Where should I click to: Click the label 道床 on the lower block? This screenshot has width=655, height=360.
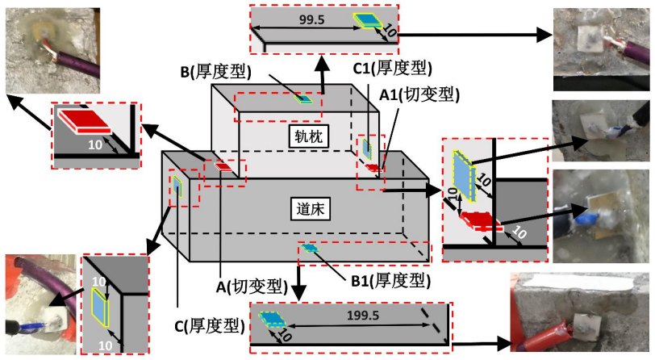click(300, 208)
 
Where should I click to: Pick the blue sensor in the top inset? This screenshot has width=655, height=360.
click(367, 20)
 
